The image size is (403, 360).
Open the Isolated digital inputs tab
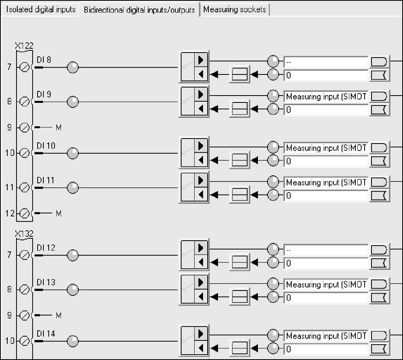(x=40, y=10)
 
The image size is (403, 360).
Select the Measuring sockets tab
(x=235, y=10)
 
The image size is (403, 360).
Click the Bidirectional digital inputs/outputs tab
(x=139, y=10)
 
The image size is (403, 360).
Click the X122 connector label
(x=24, y=46)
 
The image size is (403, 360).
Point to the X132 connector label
(x=24, y=234)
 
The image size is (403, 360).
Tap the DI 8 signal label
(x=44, y=60)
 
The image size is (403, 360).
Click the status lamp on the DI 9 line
(x=73, y=102)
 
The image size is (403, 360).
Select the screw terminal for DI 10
(x=24, y=153)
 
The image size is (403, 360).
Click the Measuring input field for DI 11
(x=326, y=182)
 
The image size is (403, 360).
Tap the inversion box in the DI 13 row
(x=240, y=297)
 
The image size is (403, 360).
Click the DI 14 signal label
(x=46, y=334)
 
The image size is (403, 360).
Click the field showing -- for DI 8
(x=326, y=62)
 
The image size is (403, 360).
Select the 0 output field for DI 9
(x=326, y=110)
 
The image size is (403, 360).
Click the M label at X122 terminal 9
(x=59, y=127)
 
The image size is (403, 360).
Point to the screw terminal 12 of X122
(x=24, y=213)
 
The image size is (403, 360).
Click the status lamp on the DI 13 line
(x=73, y=290)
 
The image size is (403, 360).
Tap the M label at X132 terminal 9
(x=59, y=315)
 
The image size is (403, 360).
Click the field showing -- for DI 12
(x=326, y=250)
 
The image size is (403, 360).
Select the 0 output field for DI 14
(x=326, y=349)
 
